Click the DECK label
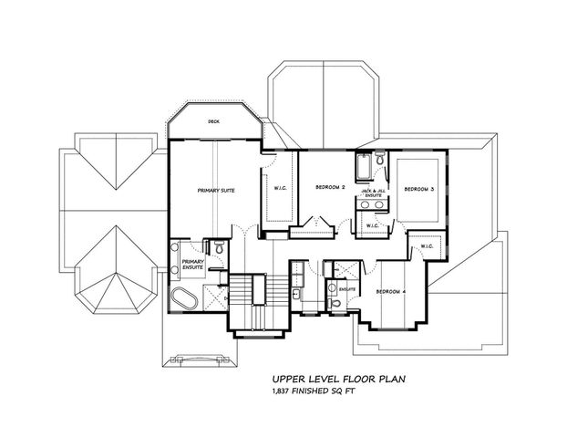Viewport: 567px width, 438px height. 214,120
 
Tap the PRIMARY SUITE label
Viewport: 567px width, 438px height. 216,191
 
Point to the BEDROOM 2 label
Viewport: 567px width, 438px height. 329,187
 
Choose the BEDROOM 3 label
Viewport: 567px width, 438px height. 418,188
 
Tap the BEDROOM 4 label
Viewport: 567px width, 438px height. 391,291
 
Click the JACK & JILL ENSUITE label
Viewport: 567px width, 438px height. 373,193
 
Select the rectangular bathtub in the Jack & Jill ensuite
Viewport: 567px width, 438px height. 362,170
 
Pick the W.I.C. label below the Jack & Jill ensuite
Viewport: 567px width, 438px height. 372,225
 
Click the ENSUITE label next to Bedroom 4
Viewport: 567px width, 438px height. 346,288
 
